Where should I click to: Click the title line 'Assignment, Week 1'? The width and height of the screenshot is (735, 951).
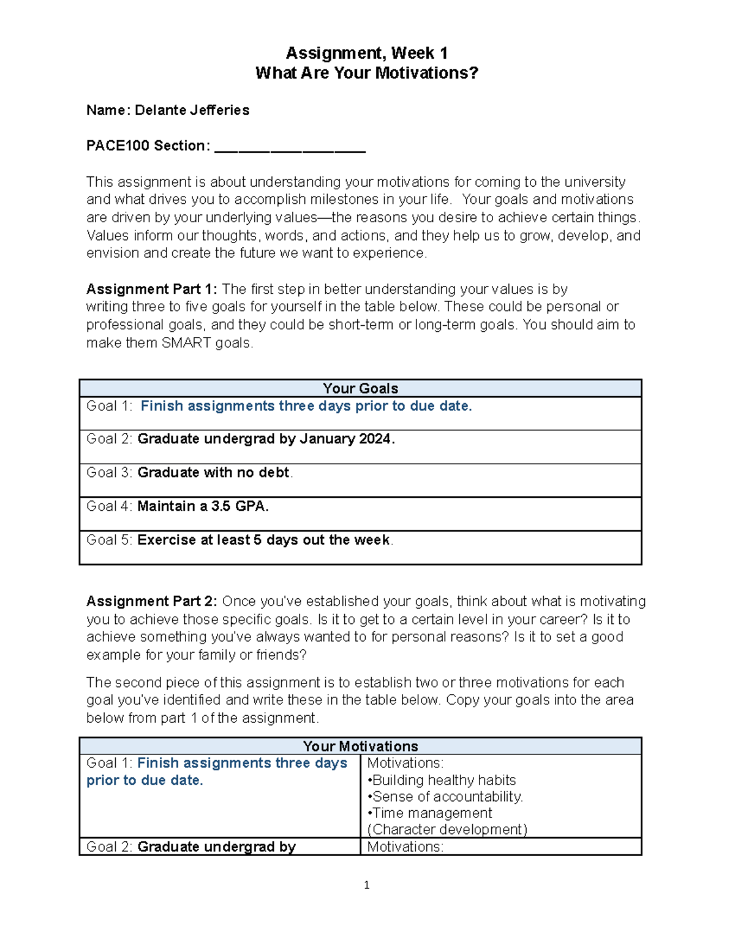coord(366,53)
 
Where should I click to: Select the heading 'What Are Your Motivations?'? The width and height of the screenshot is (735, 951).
coord(366,73)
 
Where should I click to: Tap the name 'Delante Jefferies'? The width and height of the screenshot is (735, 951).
coord(192,110)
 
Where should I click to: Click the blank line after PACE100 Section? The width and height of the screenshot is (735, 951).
coord(290,147)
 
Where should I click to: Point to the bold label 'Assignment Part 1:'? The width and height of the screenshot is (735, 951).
coord(151,289)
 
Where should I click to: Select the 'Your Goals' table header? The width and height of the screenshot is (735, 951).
coord(360,388)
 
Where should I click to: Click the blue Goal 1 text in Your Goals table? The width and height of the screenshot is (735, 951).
coord(306,406)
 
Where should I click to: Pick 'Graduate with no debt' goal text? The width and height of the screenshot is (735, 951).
coord(213,473)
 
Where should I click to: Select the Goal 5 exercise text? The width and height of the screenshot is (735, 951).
coord(263,540)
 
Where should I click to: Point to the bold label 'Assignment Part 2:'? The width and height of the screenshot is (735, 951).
coord(151,601)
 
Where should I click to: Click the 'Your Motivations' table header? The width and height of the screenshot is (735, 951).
coord(360,746)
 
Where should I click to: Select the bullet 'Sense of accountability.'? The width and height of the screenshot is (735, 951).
coord(447,797)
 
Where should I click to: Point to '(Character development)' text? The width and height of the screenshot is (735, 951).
coord(447,830)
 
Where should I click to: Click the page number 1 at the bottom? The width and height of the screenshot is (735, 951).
coord(366,885)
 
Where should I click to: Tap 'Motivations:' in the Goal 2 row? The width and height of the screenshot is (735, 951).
coord(405,847)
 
